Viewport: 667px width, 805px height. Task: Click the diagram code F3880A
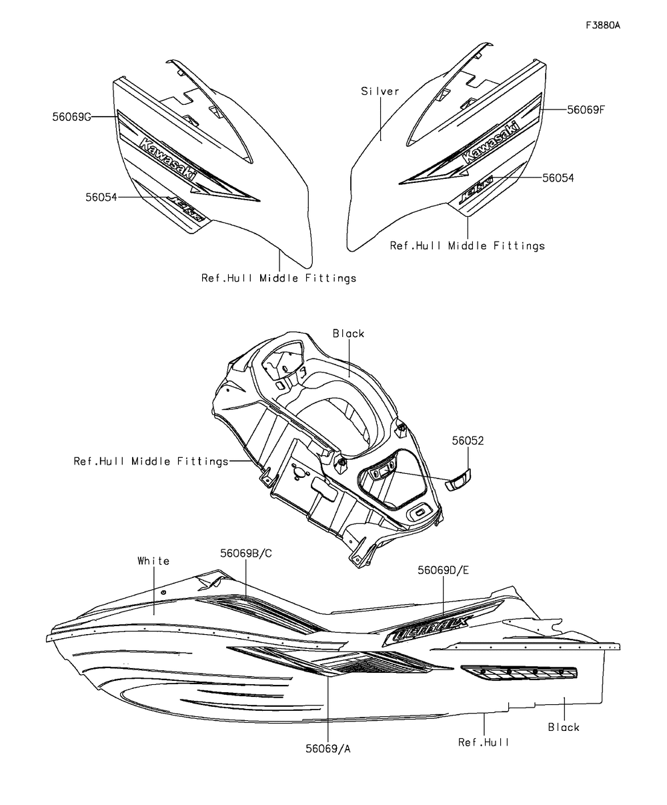602,26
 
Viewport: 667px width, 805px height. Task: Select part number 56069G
71,116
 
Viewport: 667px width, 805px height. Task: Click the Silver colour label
380,91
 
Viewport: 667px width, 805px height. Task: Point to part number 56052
468,441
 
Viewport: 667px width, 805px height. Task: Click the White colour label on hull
153,561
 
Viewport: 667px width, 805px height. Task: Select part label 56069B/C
246,553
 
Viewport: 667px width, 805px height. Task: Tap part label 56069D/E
444,569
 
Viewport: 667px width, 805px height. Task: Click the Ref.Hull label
484,742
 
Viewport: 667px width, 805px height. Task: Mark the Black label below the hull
564,727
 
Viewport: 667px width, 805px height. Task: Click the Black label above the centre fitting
349,333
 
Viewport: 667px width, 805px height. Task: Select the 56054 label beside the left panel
102,197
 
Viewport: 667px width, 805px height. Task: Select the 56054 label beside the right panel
558,178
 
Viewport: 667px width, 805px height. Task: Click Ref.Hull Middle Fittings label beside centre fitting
151,461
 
